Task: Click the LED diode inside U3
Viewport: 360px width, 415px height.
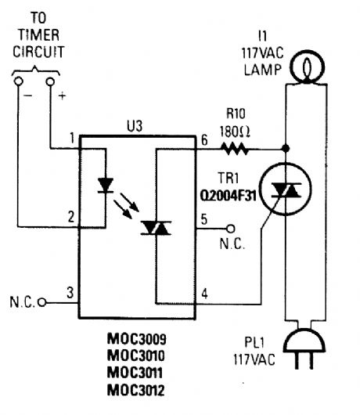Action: pyautogui.click(x=105, y=186)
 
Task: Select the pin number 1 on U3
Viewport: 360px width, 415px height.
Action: pyautogui.click(x=71, y=138)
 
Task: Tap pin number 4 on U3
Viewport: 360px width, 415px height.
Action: pyautogui.click(x=204, y=294)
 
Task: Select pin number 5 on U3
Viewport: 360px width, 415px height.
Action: pyautogui.click(x=204, y=219)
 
